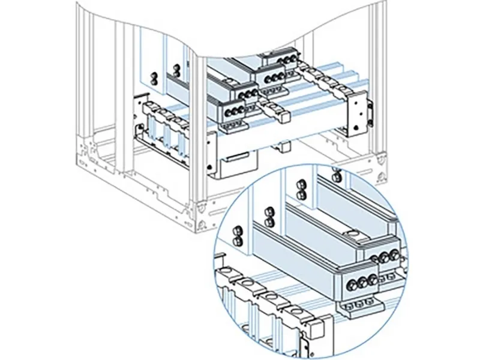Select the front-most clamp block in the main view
pos(233,110)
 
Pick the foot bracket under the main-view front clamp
pos(235,126)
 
